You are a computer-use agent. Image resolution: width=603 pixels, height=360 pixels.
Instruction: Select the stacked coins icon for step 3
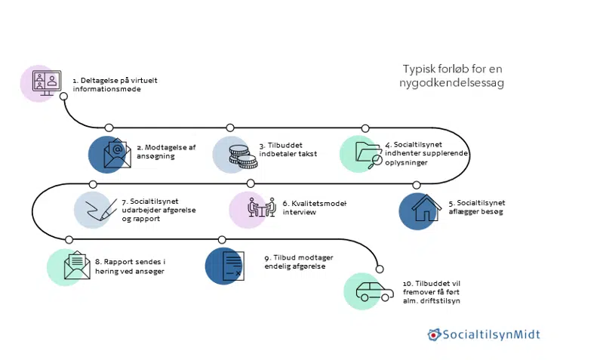tap(240, 154)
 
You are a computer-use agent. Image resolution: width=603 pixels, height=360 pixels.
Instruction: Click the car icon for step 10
tap(368, 291)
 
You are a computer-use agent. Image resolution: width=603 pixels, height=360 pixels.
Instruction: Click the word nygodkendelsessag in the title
tap(451, 83)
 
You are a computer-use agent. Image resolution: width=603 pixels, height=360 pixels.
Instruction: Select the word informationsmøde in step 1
tap(106, 89)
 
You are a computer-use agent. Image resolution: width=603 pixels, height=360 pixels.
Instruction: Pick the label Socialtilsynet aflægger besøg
tap(476, 208)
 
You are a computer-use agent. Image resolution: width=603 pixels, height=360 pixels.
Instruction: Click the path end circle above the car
tap(379, 268)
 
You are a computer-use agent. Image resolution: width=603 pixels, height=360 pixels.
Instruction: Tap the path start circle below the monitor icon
tap(63, 96)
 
